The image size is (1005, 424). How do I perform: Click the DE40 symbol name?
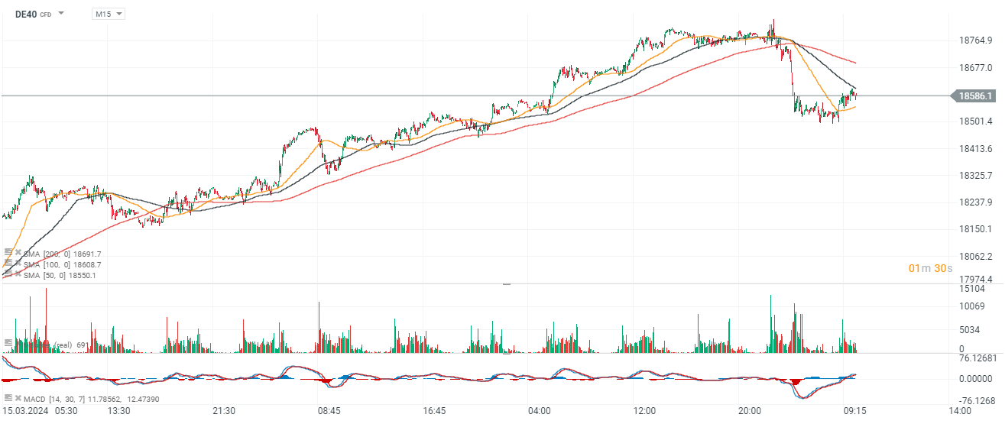(26, 14)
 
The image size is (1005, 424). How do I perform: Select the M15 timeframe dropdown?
(108, 14)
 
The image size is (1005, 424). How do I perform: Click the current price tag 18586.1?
(975, 96)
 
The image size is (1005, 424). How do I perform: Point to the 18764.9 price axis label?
(976, 40)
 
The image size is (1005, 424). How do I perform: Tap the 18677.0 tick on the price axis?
(976, 68)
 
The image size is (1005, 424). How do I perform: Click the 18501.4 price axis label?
(976, 121)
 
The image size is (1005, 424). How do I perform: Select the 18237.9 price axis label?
(976, 202)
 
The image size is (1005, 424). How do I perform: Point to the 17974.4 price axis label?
(976, 280)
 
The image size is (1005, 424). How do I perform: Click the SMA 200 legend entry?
(63, 254)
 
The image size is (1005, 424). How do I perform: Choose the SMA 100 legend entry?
(63, 264)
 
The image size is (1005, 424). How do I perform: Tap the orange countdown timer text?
(930, 267)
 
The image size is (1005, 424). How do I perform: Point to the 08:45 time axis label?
(329, 411)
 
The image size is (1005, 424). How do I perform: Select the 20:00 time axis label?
(750, 411)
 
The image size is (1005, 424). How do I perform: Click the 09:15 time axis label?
(854, 411)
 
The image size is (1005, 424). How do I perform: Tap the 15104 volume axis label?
(972, 289)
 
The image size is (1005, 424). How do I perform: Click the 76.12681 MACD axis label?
(977, 358)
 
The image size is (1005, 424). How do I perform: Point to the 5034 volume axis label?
(971, 330)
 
